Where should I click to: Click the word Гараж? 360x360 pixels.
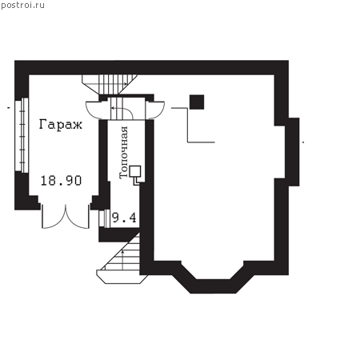point(61,125)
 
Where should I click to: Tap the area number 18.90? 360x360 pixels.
point(61,181)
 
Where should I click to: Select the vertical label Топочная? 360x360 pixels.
point(124,153)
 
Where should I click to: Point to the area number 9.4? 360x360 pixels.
point(124,218)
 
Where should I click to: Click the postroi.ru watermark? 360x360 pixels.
point(22,6)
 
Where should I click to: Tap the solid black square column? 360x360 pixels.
point(197,102)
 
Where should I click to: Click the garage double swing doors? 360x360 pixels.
point(66,217)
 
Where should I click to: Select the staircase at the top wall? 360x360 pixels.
point(110,84)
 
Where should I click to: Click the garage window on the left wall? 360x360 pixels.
point(22,135)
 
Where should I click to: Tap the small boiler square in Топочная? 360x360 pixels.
point(135,171)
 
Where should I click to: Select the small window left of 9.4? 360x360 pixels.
point(105,218)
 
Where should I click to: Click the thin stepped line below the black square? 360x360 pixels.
point(188,125)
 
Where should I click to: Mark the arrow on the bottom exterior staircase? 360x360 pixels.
point(122,260)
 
